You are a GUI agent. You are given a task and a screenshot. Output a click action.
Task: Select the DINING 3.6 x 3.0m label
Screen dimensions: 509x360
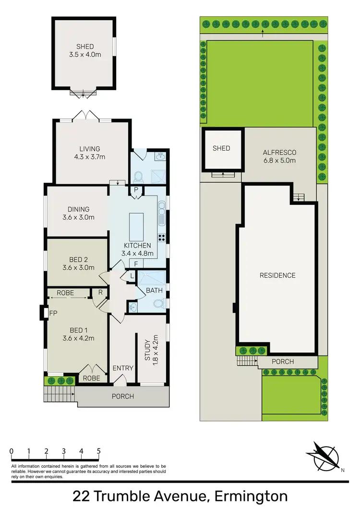(78, 213)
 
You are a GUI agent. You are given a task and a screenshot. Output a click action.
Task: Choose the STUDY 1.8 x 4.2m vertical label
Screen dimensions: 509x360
(151, 349)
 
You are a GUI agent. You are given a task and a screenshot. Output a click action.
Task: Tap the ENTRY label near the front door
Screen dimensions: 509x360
(123, 368)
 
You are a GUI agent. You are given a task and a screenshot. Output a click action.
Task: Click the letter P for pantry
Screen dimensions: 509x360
(136, 189)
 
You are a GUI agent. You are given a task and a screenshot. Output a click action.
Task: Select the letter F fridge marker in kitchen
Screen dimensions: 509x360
(136, 263)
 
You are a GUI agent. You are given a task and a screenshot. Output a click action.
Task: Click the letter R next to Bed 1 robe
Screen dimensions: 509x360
(100, 293)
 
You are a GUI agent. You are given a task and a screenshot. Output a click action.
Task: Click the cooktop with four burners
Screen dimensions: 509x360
(162, 237)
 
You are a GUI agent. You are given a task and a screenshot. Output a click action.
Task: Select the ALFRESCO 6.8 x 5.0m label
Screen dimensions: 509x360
(279, 156)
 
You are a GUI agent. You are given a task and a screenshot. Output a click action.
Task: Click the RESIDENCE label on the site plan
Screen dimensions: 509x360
(277, 275)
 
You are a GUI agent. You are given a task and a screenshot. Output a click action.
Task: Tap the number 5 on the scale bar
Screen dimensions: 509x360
(98, 451)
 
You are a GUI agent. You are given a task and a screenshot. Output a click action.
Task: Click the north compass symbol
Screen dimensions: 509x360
(324, 456)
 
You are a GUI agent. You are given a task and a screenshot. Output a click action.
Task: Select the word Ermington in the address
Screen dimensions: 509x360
(251, 496)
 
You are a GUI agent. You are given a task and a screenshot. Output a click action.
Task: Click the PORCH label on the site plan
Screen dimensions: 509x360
(283, 361)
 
